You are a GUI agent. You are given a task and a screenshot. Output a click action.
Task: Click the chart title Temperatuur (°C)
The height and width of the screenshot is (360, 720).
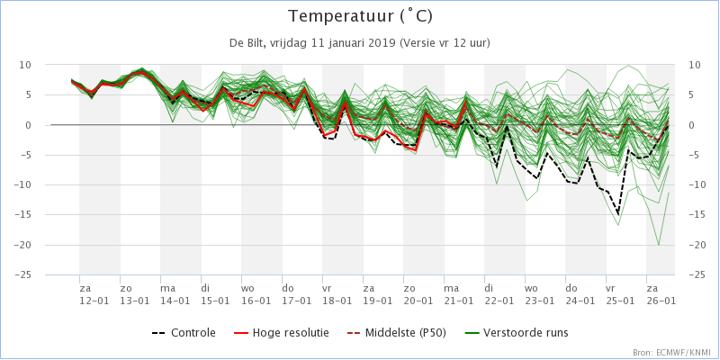360,16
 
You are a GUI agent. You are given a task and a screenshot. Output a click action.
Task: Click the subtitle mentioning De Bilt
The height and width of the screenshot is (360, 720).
360,43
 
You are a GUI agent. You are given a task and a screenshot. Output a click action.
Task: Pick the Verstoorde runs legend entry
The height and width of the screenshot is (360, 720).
526,333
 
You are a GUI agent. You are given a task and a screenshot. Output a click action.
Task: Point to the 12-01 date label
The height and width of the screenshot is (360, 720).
94,301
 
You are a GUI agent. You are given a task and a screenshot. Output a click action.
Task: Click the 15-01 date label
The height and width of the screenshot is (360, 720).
216,301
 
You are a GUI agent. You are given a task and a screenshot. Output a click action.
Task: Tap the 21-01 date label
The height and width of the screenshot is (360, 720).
459,301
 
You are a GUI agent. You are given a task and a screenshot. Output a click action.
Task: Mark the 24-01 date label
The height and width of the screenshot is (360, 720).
580,301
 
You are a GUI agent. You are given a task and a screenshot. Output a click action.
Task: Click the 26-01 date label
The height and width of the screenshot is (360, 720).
661,301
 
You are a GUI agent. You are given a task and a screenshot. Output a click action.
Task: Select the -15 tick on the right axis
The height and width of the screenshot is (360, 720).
696,215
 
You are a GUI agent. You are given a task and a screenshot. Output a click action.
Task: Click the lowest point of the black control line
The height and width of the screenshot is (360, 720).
617,215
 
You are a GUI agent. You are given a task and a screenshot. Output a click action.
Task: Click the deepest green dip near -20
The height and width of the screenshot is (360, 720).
659,245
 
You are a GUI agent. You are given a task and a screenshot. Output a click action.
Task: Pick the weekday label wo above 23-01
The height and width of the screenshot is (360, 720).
531,288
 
